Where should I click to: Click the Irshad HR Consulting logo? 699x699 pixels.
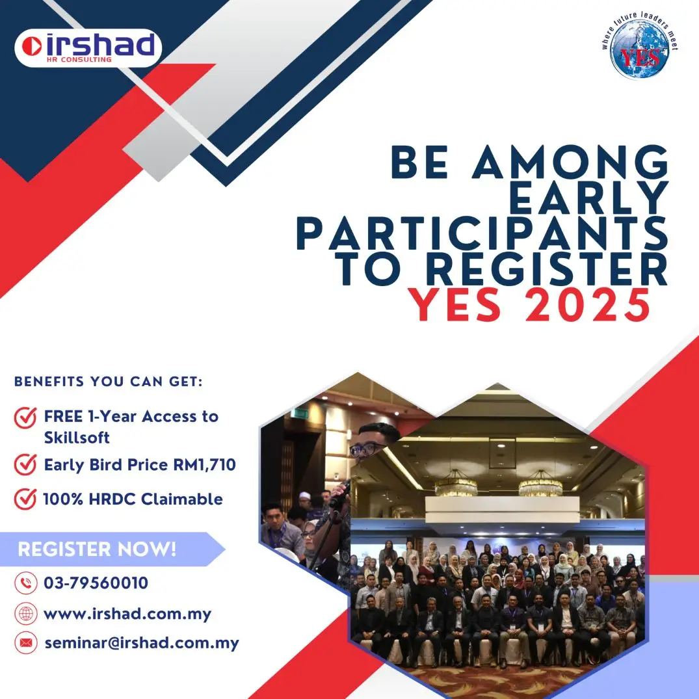click(x=88, y=47)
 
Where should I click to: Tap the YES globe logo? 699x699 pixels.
click(x=640, y=46)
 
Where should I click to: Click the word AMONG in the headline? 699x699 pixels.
click(x=571, y=162)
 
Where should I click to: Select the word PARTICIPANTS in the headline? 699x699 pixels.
click(x=482, y=233)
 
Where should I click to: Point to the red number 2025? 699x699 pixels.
click(x=588, y=305)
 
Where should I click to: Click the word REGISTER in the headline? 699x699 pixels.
click(x=547, y=269)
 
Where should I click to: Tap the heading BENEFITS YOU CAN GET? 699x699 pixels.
click(x=109, y=382)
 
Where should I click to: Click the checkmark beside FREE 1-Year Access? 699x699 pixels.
click(x=25, y=417)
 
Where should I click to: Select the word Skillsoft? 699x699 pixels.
click(x=77, y=438)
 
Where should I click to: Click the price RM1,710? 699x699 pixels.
click(x=205, y=465)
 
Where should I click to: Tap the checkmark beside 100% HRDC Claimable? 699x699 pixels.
click(x=25, y=499)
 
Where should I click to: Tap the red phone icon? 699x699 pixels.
click(x=26, y=583)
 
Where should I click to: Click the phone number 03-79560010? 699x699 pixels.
click(x=96, y=583)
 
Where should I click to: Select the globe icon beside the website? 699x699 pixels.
click(x=26, y=614)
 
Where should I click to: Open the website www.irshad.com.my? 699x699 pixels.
click(x=127, y=614)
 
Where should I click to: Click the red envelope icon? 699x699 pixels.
click(x=26, y=643)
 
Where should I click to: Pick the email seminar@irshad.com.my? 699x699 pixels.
click(x=142, y=643)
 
